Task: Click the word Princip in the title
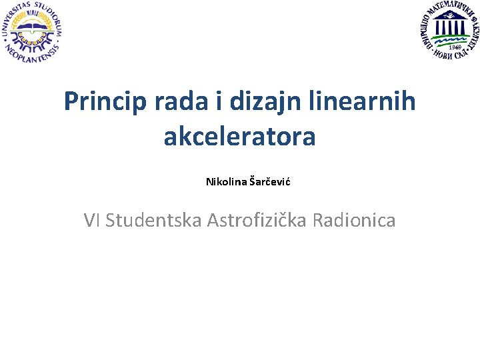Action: (106, 102)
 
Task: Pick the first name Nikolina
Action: (226, 181)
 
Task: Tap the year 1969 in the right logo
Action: (455, 46)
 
